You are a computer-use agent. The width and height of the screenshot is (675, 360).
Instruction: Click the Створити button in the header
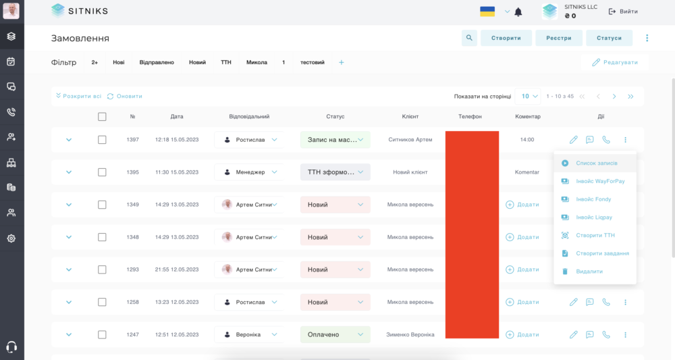(506, 38)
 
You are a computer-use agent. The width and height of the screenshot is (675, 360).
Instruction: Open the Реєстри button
(559, 38)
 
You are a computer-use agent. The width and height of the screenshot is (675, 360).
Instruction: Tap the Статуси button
(609, 38)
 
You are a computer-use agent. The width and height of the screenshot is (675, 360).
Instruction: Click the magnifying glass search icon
(469, 38)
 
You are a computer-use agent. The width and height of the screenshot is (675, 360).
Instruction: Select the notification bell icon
(518, 12)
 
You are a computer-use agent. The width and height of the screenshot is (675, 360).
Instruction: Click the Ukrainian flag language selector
(487, 11)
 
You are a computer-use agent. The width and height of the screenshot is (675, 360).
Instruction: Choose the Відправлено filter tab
(157, 62)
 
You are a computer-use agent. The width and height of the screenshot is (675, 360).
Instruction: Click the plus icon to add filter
(342, 62)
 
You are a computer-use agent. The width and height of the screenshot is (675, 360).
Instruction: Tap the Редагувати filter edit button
(615, 62)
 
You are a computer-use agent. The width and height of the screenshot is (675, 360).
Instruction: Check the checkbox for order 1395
(102, 172)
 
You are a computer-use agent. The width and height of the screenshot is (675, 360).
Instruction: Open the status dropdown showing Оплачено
(335, 334)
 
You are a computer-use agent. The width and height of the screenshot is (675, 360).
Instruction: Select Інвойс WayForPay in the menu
(600, 181)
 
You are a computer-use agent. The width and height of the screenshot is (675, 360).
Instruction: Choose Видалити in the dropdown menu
(589, 272)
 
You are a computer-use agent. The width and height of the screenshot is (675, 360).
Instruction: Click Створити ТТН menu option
(595, 236)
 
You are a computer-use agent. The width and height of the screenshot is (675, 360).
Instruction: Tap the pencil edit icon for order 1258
(573, 303)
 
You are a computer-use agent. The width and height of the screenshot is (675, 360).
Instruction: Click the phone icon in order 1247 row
(606, 334)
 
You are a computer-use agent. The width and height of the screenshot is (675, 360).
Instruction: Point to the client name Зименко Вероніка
(410, 334)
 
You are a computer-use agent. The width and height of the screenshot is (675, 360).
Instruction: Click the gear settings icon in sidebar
(11, 238)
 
